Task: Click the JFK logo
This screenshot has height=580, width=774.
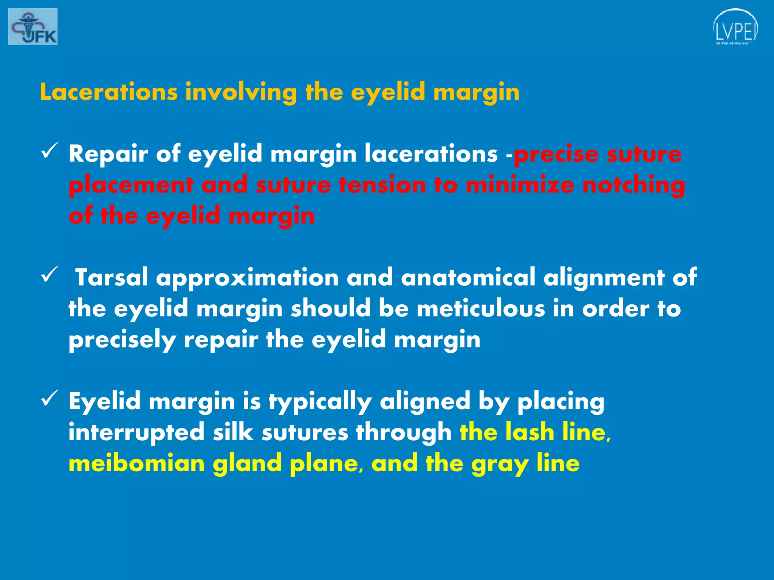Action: click(33, 26)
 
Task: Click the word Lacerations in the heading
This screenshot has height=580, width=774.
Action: click(109, 92)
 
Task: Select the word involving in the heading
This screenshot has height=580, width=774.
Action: click(241, 93)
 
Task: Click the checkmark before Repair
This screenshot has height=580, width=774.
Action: click(49, 151)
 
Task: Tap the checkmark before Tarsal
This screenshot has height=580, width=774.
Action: click(49, 274)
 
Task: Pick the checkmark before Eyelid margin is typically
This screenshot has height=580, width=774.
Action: click(49, 398)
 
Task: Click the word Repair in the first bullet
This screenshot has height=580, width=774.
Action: click(108, 154)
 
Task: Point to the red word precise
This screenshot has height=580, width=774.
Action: click(556, 154)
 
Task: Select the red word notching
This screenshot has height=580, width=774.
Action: click(633, 185)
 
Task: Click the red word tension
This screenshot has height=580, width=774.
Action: click(382, 185)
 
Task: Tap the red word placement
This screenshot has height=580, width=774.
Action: click(131, 185)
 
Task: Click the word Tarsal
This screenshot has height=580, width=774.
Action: click(111, 278)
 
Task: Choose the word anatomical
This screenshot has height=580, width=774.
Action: click(468, 278)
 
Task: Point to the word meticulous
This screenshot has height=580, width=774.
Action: click(481, 309)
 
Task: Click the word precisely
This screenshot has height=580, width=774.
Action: click(122, 340)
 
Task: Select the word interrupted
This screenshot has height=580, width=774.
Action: click(136, 432)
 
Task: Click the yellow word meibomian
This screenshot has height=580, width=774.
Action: click(136, 463)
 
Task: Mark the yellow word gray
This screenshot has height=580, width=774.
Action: click(500, 464)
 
